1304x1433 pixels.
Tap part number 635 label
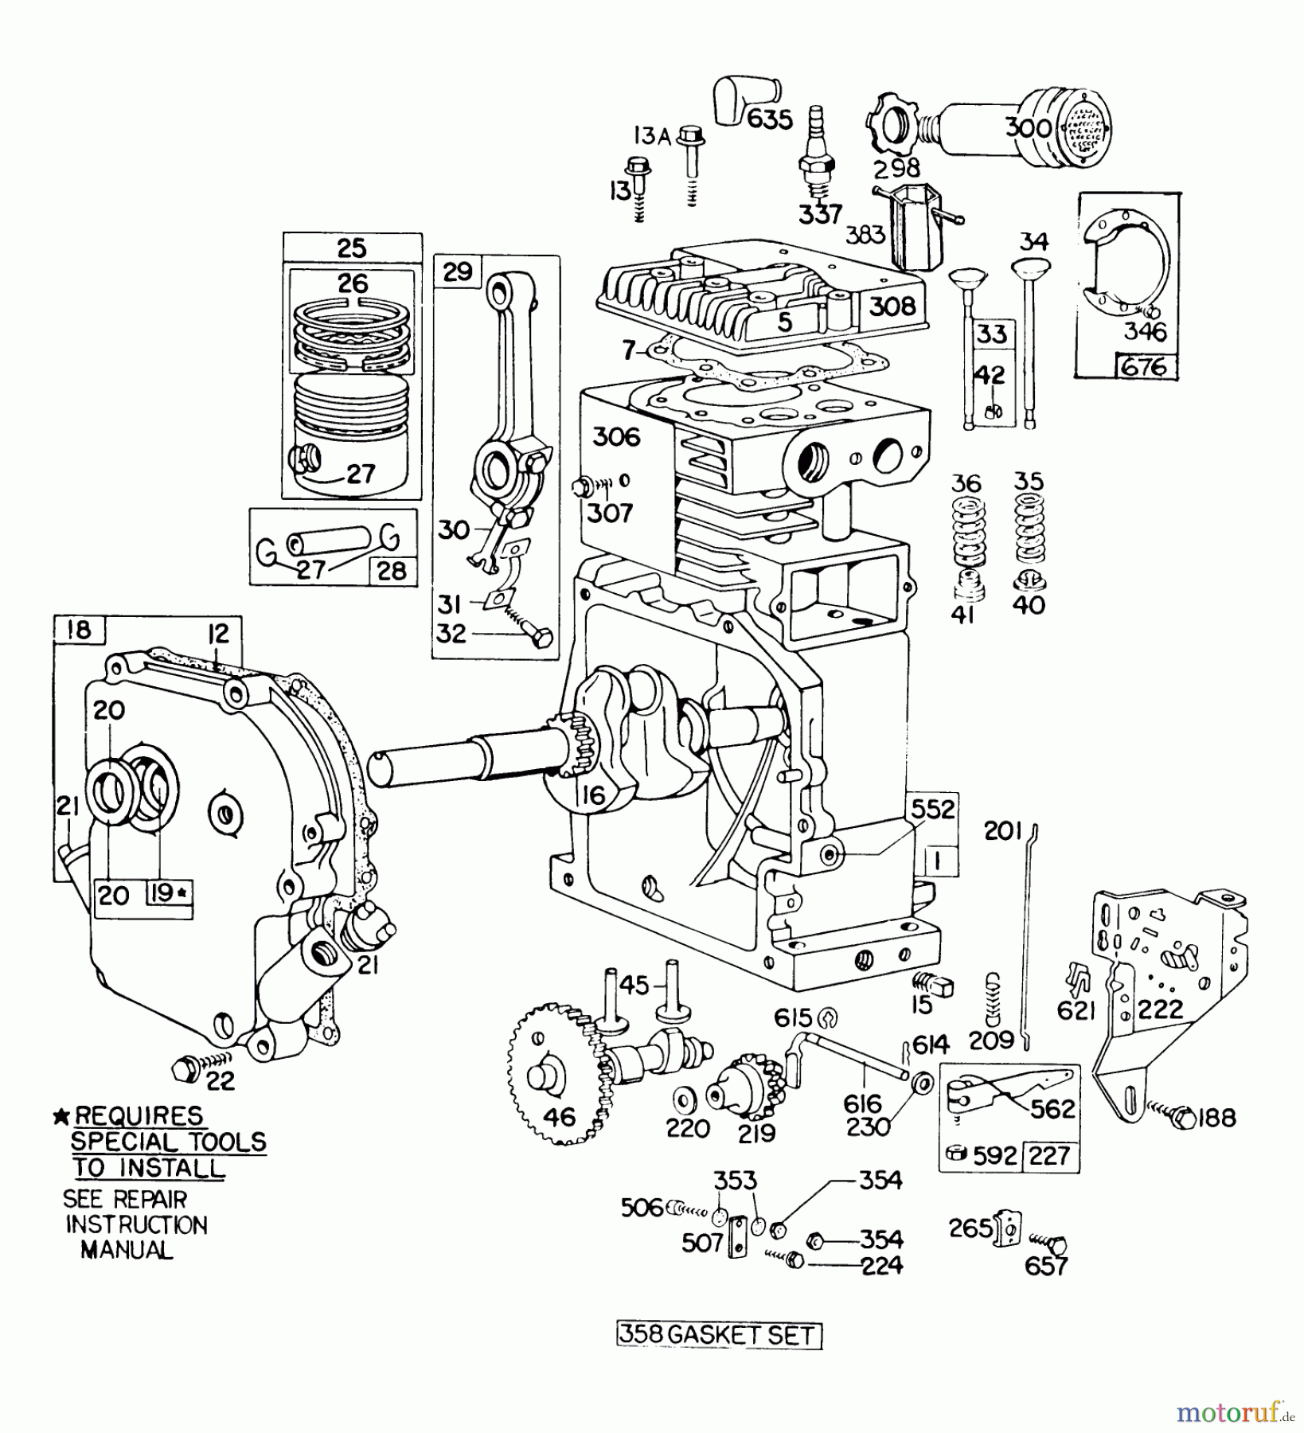[770, 119]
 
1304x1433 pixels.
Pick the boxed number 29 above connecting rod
[458, 272]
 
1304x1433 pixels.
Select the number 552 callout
[932, 810]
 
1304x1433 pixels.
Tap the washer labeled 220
[682, 1099]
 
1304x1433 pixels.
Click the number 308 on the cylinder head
[892, 307]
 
